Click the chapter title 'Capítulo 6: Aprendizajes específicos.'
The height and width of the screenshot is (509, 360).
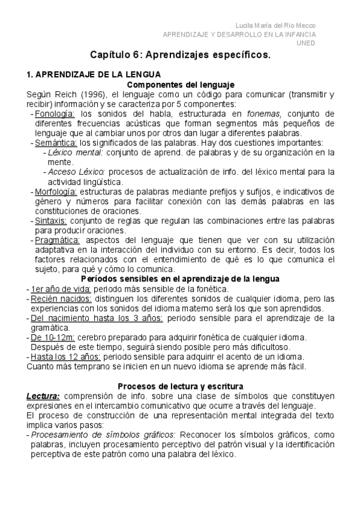click(x=181, y=55)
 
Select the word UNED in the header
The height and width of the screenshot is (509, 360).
click(x=307, y=43)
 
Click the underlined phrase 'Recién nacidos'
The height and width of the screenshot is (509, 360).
click(x=61, y=298)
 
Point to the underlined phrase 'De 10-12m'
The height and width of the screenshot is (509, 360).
click(x=50, y=337)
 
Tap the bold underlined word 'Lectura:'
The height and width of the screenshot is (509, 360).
click(x=43, y=396)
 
